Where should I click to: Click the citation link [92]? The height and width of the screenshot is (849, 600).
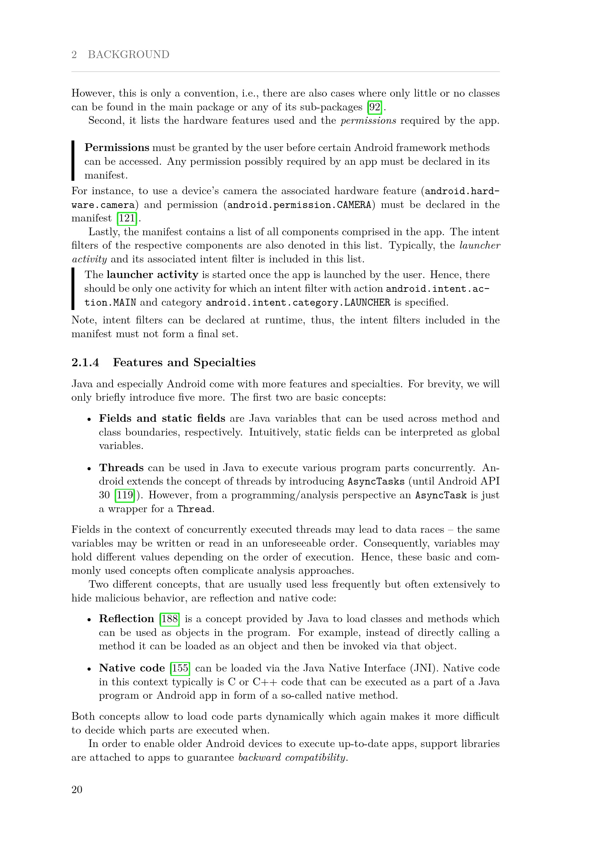coord(375,107)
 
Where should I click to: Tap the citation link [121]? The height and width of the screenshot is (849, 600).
coord(127,218)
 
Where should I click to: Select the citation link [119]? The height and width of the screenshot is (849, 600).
coord(124,495)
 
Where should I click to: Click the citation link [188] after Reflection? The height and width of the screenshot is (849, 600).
coord(169,619)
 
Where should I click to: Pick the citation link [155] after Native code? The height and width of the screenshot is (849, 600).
coord(180,668)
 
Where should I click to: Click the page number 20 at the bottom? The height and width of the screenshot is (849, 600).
coord(77,789)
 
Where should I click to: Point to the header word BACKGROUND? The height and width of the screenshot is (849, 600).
coord(128,54)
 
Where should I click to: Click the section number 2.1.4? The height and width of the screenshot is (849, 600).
coord(85,362)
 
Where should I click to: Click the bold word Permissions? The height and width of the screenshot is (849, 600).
coord(117,147)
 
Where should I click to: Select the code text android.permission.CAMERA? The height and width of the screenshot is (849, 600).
coord(299,205)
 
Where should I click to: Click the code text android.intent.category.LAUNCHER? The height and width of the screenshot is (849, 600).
coord(298,302)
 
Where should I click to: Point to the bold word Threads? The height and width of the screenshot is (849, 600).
coord(121,468)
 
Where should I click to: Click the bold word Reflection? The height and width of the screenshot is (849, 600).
coord(126,619)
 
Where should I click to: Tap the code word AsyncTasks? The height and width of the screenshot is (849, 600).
coord(376,481)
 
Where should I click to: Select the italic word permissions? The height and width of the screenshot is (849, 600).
coord(368,121)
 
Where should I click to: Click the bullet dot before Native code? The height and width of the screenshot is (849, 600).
coord(89,669)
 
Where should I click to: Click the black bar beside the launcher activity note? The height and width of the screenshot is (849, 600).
coord(73,289)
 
